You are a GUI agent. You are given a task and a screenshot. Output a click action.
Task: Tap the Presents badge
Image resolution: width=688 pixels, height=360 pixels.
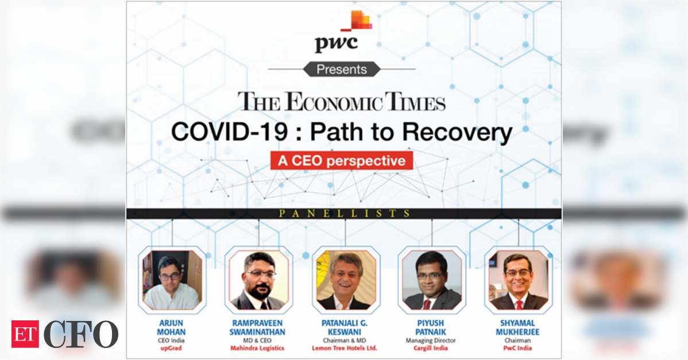point(342,69)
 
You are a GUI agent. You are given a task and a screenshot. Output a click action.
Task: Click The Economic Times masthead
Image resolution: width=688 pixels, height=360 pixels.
point(342,102)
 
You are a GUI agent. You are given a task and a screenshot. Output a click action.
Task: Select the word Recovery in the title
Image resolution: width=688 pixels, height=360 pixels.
point(457,133)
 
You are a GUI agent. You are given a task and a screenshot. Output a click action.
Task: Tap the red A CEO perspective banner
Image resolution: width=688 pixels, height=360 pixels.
point(342,161)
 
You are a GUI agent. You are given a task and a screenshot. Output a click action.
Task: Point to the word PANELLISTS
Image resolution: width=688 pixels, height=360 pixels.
point(345,214)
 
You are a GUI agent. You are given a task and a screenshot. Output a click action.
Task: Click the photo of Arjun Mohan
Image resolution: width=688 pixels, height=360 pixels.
point(172,280)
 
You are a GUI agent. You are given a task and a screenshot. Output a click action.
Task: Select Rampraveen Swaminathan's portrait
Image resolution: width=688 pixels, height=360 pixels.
point(258,280)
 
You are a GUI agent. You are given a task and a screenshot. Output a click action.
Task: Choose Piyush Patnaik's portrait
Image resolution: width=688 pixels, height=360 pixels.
point(432,280)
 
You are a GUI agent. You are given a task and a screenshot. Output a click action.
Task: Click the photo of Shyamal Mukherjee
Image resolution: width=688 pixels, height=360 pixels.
point(518,280)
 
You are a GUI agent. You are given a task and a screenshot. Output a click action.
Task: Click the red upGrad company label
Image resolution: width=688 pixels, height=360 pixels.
point(171,348)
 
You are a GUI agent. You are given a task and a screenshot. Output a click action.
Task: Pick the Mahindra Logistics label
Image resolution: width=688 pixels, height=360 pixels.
point(257,348)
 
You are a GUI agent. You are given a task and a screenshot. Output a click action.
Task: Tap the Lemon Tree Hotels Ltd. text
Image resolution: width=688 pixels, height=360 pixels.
point(345,348)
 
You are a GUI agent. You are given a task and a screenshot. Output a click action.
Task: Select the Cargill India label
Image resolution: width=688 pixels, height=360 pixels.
point(431,348)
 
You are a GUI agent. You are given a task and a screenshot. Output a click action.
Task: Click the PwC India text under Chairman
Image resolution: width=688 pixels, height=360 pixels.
point(517,348)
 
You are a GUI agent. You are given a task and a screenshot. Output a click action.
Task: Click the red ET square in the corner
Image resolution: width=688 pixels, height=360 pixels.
point(25,334)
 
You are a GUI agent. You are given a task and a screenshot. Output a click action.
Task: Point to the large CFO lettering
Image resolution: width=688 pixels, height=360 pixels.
point(81,334)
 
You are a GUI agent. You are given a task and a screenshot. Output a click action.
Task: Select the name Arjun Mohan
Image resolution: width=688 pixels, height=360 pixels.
point(171,327)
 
